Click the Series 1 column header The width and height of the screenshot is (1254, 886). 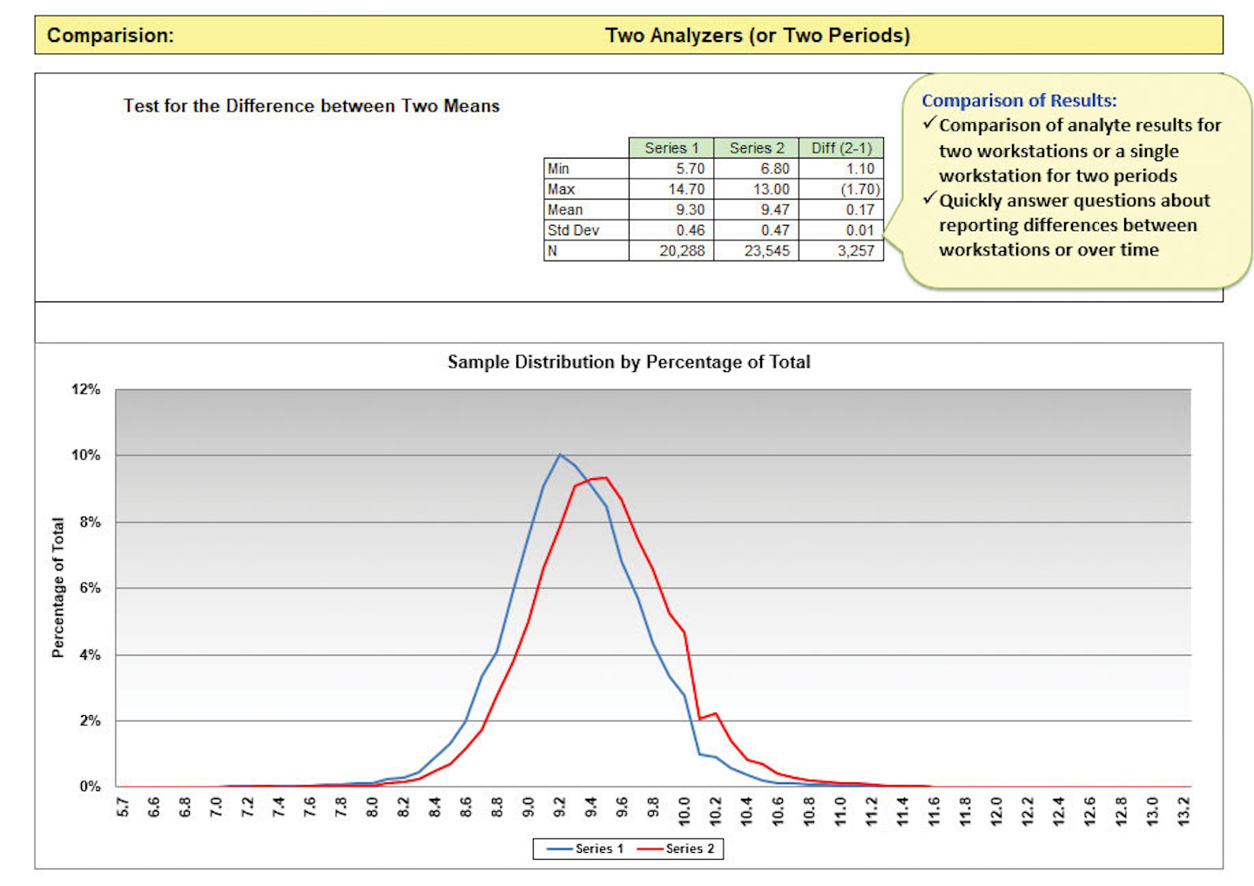coord(671,148)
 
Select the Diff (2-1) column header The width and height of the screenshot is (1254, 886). coord(841,148)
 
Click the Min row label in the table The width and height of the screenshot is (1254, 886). coord(558,168)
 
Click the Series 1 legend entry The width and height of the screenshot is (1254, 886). coord(586,849)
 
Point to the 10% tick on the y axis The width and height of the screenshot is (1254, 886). coord(86,455)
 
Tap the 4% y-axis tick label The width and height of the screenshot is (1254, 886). coord(90,654)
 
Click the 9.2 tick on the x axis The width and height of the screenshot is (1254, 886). coord(560,809)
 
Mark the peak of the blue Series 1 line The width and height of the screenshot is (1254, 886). coord(560,455)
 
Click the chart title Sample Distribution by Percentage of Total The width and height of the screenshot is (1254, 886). coord(629,362)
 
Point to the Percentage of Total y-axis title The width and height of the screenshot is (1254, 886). coord(58,587)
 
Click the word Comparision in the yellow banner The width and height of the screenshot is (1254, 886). coord(111,36)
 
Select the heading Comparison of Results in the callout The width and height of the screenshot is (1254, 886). coord(1019,100)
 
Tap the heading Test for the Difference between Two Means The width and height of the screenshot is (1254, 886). coord(311,106)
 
